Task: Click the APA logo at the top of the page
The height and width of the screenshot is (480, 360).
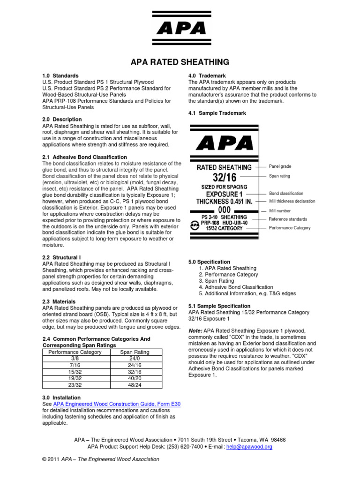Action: (x=180, y=29)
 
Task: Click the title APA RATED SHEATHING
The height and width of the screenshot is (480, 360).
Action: (x=180, y=62)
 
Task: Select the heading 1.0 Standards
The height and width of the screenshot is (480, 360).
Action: (x=60, y=75)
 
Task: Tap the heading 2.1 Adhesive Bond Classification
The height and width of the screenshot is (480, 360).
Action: (x=84, y=157)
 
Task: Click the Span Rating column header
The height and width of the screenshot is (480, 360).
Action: (x=135, y=352)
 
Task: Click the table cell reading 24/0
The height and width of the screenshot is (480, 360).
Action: (x=135, y=358)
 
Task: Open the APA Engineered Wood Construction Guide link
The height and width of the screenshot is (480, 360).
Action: (x=120, y=404)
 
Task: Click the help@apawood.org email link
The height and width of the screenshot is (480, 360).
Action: (x=255, y=447)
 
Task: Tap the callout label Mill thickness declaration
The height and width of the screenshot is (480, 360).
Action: (x=292, y=201)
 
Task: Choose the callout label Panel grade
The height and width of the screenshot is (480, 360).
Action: (x=280, y=166)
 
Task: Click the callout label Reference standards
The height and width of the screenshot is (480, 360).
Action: (x=288, y=219)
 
